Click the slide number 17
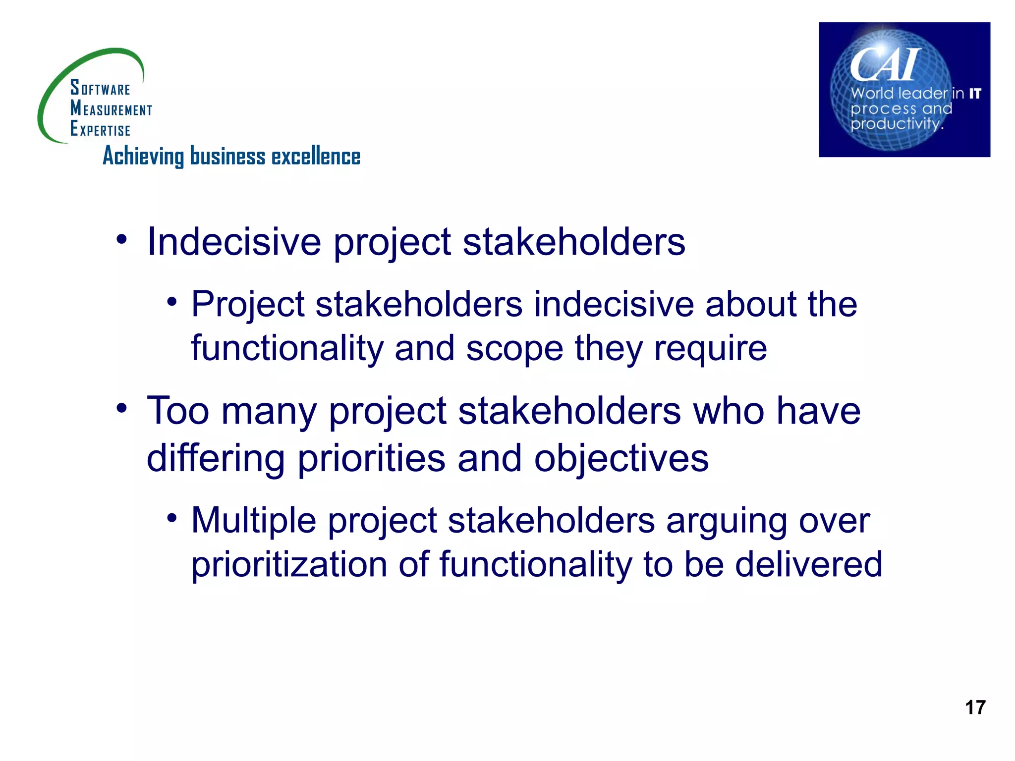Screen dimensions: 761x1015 [x=975, y=707]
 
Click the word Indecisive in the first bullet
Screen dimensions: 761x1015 [x=234, y=242]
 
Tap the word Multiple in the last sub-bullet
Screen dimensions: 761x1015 [x=254, y=521]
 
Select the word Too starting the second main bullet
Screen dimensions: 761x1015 [x=178, y=411]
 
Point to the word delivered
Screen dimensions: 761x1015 [x=808, y=564]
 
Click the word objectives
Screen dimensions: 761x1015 [x=621, y=458]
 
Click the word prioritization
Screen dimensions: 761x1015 [x=289, y=565]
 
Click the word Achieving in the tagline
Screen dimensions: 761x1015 [x=143, y=157]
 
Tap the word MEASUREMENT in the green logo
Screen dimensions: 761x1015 [x=111, y=109]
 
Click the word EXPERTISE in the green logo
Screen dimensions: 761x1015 [x=100, y=129]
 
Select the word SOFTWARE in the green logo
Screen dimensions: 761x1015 [x=100, y=88]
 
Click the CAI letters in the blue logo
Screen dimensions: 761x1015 [x=885, y=64]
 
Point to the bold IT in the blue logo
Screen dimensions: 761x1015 [x=975, y=93]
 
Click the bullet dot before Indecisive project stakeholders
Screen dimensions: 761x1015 [x=121, y=240]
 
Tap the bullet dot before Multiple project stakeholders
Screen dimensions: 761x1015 [x=171, y=518]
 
